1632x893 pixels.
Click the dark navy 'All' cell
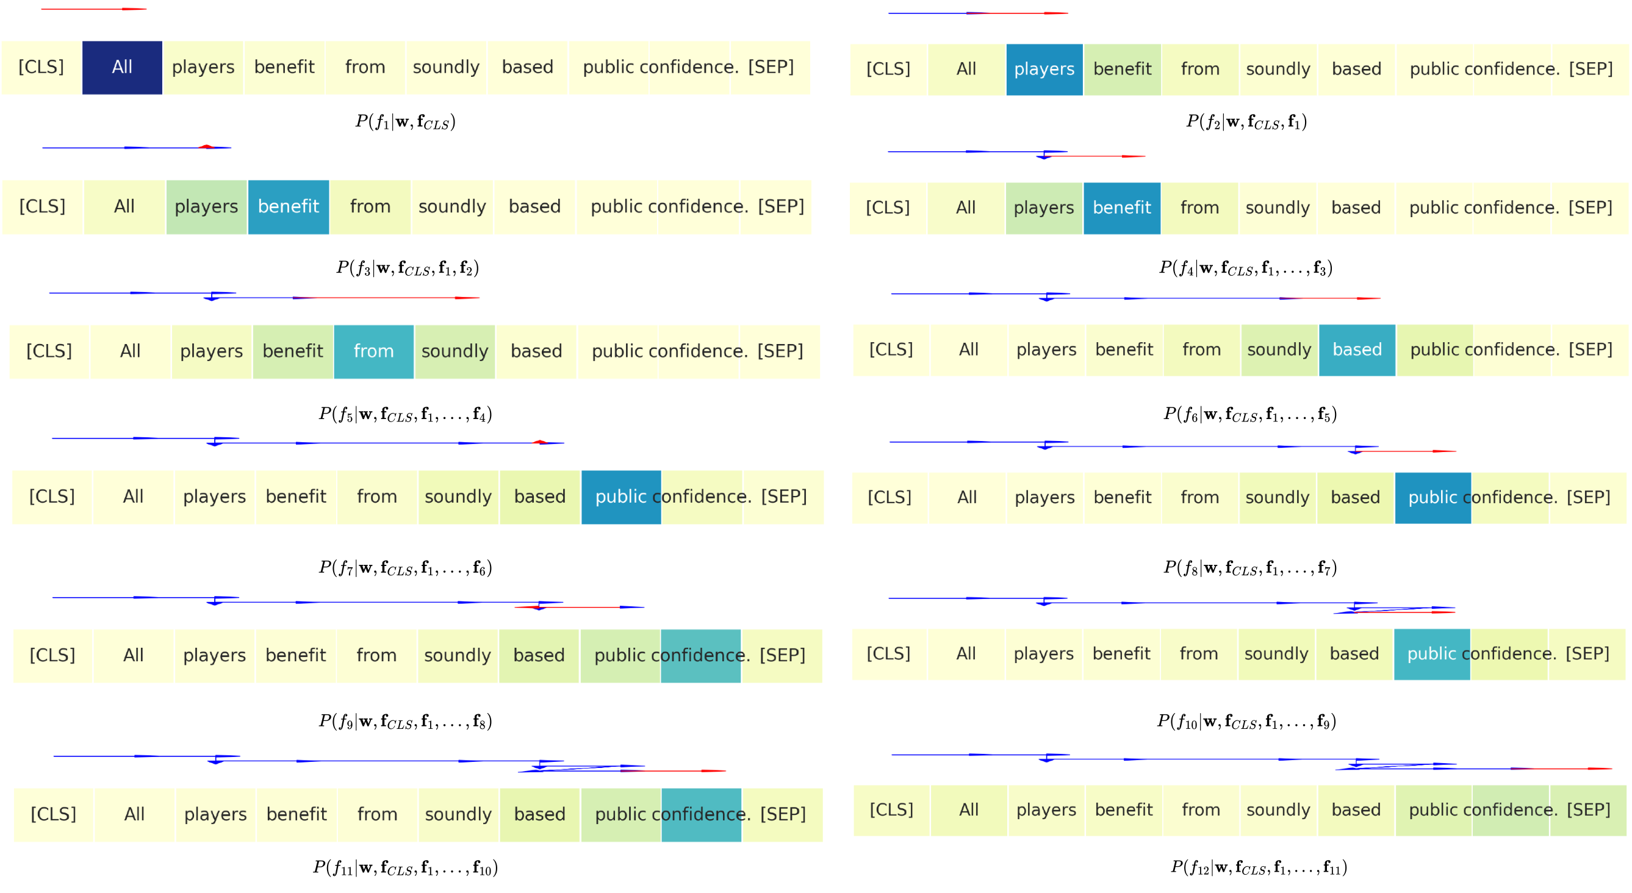click(122, 67)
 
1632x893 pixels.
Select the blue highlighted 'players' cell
click(1044, 69)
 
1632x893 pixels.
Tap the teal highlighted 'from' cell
click(374, 351)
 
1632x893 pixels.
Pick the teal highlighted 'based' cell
click(1357, 350)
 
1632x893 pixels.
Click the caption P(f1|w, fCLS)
click(406, 121)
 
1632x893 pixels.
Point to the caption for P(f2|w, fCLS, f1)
click(1246, 121)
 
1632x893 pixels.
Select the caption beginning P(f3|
click(408, 267)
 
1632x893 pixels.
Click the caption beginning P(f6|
click(1250, 414)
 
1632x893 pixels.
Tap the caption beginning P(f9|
click(406, 721)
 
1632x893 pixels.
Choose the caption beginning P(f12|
click(1259, 866)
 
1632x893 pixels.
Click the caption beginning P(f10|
click(1246, 721)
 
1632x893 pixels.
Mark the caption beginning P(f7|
click(406, 567)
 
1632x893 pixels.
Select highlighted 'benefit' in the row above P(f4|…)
click(1122, 208)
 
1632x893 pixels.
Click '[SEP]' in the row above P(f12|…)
click(1588, 810)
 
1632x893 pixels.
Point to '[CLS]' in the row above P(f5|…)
click(49, 351)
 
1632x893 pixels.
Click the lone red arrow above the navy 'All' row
click(94, 9)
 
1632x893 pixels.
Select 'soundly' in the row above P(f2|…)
click(1278, 69)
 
